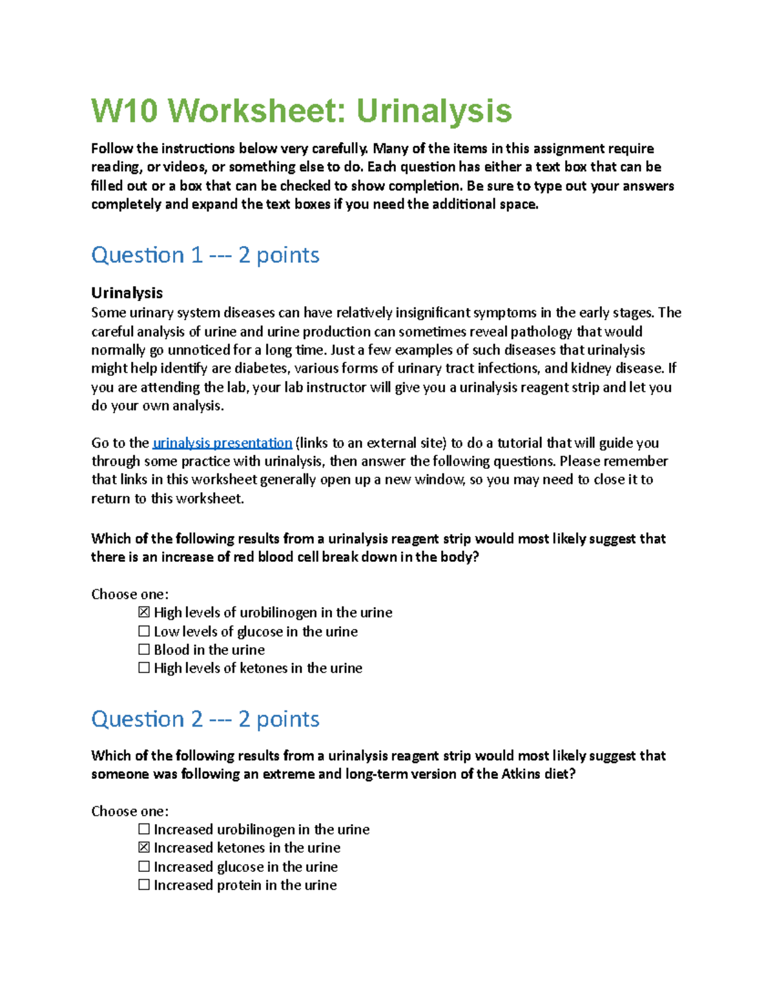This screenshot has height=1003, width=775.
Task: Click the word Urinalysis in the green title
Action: point(434,111)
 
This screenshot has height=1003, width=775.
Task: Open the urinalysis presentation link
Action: point(222,443)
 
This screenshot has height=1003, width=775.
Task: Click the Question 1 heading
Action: point(205,255)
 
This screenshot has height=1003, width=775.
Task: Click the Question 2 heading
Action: point(205,719)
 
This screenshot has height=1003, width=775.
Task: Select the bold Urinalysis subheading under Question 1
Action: point(127,293)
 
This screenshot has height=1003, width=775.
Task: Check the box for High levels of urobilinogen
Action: point(144,612)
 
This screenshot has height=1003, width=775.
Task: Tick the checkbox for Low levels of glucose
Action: point(144,631)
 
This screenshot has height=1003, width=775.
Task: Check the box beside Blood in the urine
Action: point(144,649)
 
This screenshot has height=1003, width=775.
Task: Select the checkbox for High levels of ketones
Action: point(144,668)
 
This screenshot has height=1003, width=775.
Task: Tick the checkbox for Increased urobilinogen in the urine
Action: point(144,829)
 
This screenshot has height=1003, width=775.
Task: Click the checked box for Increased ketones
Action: point(144,847)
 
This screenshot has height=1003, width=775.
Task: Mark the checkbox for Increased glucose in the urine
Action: point(144,866)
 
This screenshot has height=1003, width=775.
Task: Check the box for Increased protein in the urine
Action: point(144,885)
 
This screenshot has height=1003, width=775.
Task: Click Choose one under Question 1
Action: point(130,594)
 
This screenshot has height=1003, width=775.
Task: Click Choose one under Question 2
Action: point(130,811)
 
